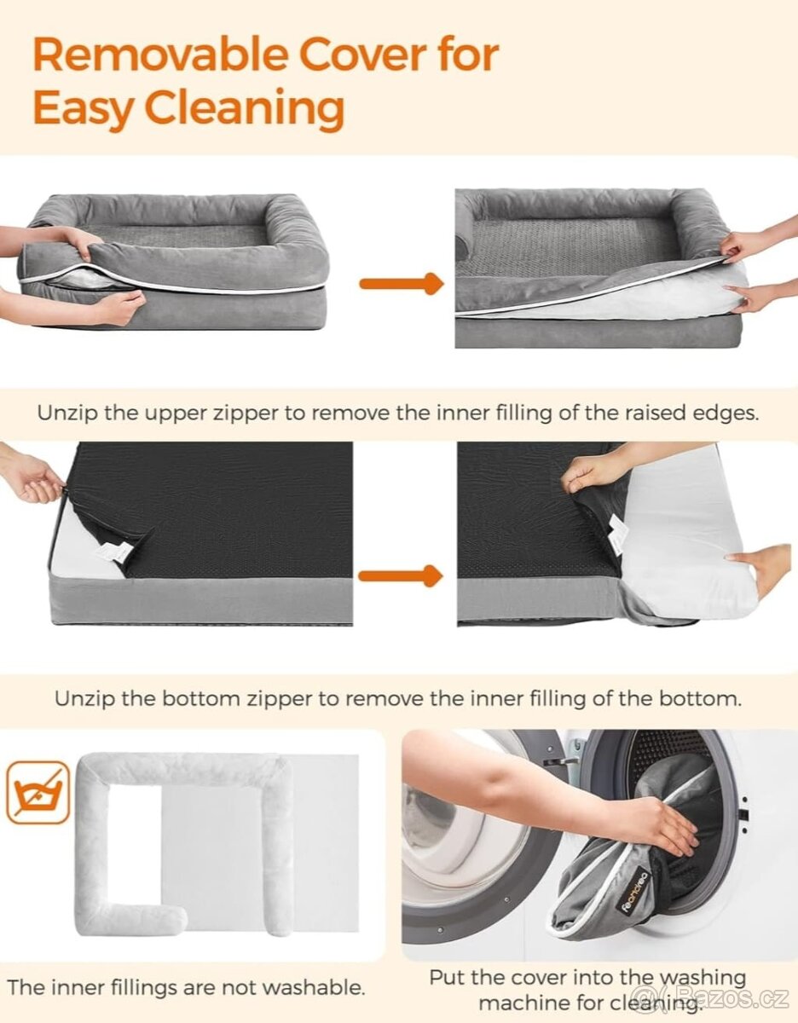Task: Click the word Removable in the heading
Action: point(160,55)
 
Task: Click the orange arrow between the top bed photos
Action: point(402,283)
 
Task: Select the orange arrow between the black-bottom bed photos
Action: point(401,576)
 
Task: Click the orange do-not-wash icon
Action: point(38,792)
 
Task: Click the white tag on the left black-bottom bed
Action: point(114,551)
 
